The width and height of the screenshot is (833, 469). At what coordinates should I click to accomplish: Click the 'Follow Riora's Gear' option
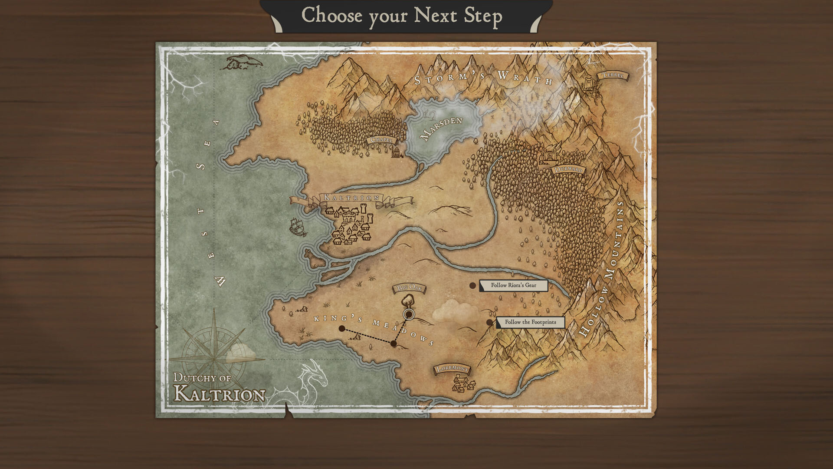(x=513, y=285)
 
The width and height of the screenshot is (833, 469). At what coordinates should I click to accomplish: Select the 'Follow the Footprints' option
(x=530, y=322)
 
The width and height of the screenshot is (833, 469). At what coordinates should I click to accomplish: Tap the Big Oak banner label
(x=409, y=288)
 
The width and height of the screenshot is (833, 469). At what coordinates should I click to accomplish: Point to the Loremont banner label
(x=452, y=369)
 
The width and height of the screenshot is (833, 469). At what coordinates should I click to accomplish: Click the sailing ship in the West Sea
(x=298, y=227)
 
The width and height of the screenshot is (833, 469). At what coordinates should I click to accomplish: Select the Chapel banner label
(x=381, y=140)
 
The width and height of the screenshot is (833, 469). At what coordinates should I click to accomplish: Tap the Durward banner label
(x=568, y=170)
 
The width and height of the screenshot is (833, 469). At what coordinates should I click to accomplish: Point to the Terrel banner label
(x=613, y=76)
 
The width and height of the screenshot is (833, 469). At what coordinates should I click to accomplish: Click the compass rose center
(x=214, y=359)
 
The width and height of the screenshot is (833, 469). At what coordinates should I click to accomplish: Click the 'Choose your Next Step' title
(x=402, y=16)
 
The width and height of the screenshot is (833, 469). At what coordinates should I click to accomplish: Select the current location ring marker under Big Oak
(x=408, y=314)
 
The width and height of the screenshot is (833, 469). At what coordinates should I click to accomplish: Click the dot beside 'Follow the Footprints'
(x=489, y=322)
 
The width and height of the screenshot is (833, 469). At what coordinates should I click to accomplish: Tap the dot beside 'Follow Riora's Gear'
(x=472, y=285)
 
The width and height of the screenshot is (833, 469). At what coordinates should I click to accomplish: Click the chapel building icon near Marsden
(x=397, y=152)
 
